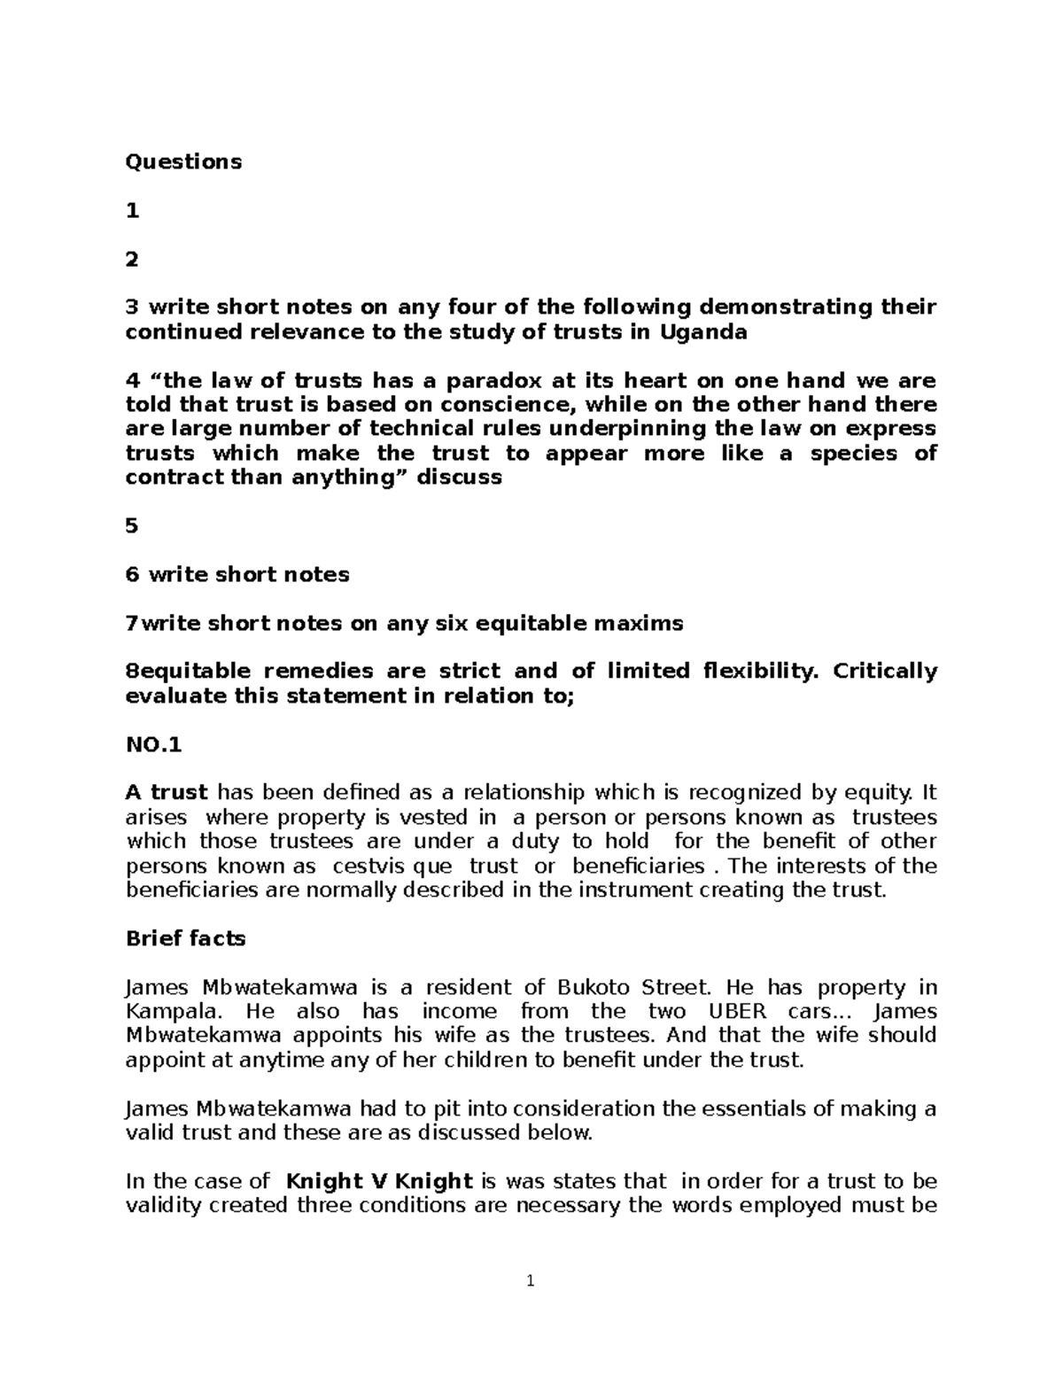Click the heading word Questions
[183, 161]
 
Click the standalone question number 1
[133, 210]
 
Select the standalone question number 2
[133, 259]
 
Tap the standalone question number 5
[133, 525]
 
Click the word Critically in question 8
[882, 671]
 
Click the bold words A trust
[167, 792]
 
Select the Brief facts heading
[186, 938]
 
